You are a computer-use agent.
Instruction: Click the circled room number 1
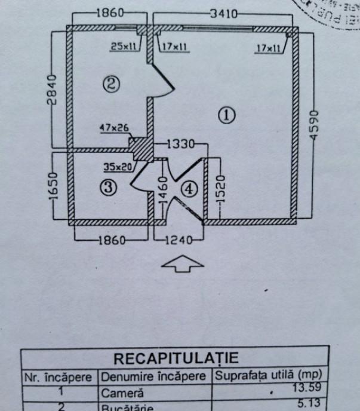(x=227, y=115)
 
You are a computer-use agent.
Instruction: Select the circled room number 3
(x=108, y=188)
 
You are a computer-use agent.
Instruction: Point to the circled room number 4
(x=189, y=189)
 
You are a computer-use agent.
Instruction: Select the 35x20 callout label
(x=117, y=167)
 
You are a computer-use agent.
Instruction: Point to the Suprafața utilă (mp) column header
(x=270, y=377)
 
